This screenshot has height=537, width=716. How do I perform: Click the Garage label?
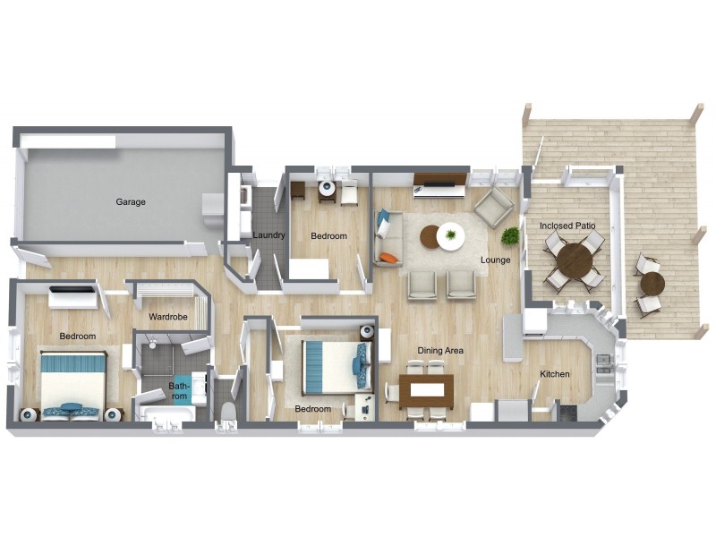(x=131, y=202)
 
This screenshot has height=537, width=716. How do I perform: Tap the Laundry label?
(x=268, y=236)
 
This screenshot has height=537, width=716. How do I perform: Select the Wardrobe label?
(x=167, y=317)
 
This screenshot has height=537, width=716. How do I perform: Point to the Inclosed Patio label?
(x=567, y=226)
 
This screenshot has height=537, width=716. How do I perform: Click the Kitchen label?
(x=555, y=374)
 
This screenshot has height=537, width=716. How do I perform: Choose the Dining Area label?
(x=439, y=351)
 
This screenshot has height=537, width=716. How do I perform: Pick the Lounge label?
(x=495, y=260)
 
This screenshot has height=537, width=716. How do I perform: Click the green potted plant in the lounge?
(x=510, y=236)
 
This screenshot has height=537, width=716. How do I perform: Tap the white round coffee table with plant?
(x=451, y=236)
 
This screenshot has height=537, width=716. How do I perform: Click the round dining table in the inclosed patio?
(x=574, y=261)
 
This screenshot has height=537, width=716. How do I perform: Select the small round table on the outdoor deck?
(x=652, y=284)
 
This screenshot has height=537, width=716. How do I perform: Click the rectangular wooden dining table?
(x=426, y=390)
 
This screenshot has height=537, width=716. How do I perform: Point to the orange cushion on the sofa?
(x=388, y=258)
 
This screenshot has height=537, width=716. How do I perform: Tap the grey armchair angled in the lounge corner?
(x=493, y=209)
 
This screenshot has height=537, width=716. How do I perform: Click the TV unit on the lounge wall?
(x=439, y=188)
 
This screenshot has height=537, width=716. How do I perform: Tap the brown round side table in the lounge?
(x=430, y=236)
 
